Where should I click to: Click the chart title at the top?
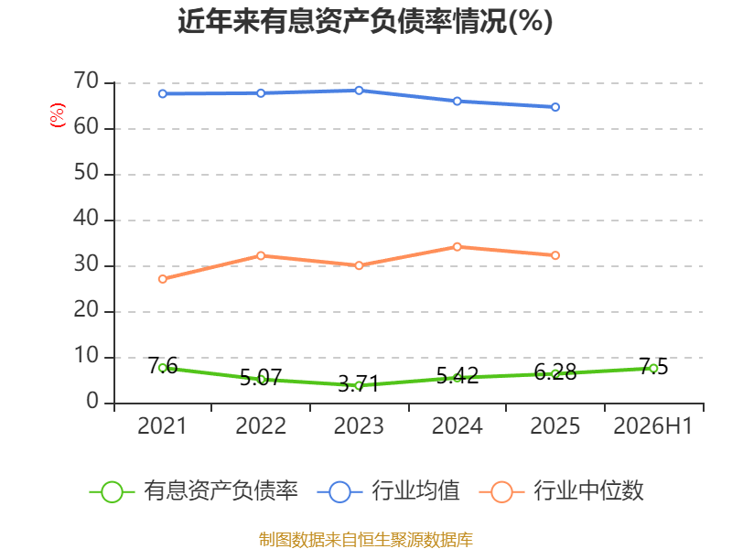click(365, 21)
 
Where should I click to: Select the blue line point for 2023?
click(359, 91)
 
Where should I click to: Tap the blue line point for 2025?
click(555, 107)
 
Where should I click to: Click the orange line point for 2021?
click(163, 279)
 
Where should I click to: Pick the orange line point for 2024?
click(457, 247)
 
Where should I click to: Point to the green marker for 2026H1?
click(653, 369)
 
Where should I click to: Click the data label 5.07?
click(261, 377)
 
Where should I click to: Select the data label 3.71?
click(358, 384)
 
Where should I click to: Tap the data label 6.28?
click(555, 372)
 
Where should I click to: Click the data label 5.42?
click(457, 376)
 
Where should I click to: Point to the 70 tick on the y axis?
click(86, 81)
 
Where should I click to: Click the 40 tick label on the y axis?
click(86, 219)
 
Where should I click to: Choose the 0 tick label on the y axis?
click(92, 402)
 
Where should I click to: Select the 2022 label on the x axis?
click(261, 425)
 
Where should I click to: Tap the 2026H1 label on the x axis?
click(652, 425)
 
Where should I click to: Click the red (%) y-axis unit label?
click(58, 115)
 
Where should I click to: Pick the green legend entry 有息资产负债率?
click(194, 491)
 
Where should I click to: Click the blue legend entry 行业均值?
click(388, 491)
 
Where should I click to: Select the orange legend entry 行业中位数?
click(562, 491)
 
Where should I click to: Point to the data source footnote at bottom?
click(366, 540)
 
